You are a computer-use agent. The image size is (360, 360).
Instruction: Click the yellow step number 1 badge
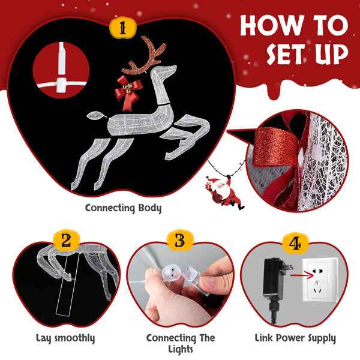tap(123, 28)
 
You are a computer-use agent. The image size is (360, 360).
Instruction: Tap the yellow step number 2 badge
tap(66, 241)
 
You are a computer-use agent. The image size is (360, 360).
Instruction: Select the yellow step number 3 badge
tap(180, 241)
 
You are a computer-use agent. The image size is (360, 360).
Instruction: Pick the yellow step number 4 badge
tap(295, 243)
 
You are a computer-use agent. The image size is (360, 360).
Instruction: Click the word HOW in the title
tap(272, 25)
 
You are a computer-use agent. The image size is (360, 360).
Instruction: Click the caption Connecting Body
tap(123, 208)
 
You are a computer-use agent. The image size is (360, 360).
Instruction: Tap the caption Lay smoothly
tap(65, 338)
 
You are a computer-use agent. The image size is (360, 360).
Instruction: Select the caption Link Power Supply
tap(295, 338)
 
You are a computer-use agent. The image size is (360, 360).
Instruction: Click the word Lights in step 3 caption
tap(181, 349)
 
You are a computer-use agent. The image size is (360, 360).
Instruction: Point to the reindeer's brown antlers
tap(143, 55)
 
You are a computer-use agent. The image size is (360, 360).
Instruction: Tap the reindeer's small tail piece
tap(96, 115)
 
